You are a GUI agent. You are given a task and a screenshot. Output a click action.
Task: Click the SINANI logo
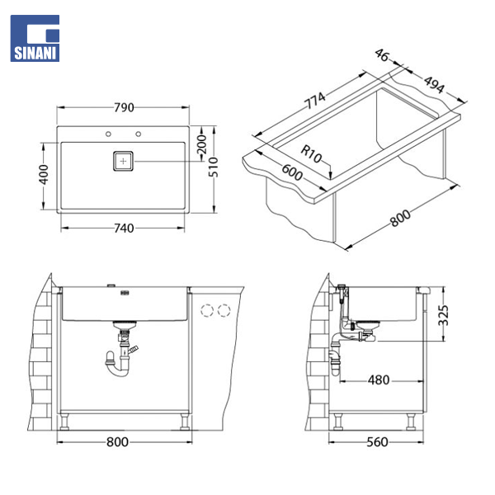click(35, 38)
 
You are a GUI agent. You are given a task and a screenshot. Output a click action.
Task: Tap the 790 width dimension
click(124, 107)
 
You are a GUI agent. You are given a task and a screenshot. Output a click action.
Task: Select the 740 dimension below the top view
click(124, 228)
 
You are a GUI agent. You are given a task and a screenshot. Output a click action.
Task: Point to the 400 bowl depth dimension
click(44, 175)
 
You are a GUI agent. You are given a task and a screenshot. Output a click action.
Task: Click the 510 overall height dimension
click(214, 167)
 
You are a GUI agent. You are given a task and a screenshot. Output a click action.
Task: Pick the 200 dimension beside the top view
click(201, 144)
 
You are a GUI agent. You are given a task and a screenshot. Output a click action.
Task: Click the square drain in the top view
click(123, 162)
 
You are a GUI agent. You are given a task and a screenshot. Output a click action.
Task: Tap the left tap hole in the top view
click(108, 134)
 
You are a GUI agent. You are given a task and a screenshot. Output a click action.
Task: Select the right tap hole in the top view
click(139, 134)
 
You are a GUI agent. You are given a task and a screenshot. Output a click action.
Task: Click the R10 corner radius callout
click(311, 153)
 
